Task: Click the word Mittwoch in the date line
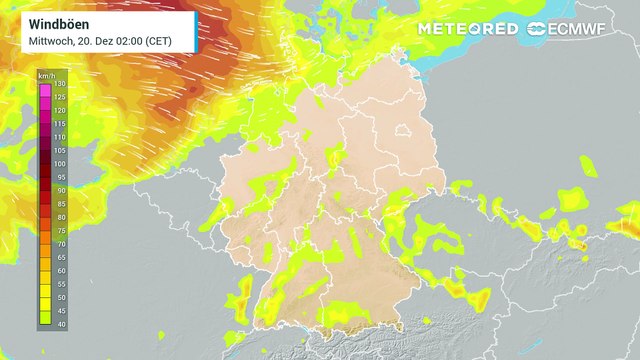pyautogui.click(x=49, y=39)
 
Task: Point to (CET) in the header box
pyautogui.click(x=162, y=39)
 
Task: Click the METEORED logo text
pyautogui.click(x=468, y=28)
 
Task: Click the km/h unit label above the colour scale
pyautogui.click(x=46, y=76)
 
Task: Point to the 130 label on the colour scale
pyautogui.click(x=59, y=84)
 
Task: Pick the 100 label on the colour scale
pyautogui.click(x=59, y=164)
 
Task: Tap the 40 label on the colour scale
pyautogui.click(x=59, y=323)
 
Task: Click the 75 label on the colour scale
pyautogui.click(x=59, y=230)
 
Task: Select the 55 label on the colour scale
pyautogui.click(x=59, y=283)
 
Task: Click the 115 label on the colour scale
pyautogui.click(x=59, y=124)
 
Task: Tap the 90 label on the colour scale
pyautogui.click(x=59, y=190)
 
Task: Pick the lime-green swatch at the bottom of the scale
pyautogui.click(x=45, y=319)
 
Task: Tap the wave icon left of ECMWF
pyautogui.click(x=538, y=28)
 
